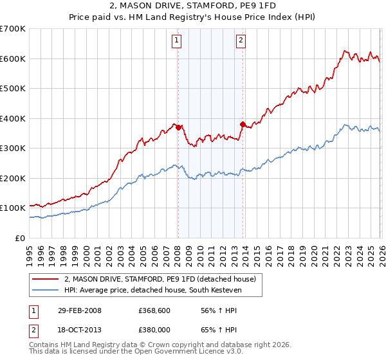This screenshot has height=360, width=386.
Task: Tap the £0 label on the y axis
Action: click(x=19, y=238)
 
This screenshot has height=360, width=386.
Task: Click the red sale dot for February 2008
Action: click(x=178, y=127)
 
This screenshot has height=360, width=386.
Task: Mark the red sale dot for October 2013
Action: click(x=242, y=124)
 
